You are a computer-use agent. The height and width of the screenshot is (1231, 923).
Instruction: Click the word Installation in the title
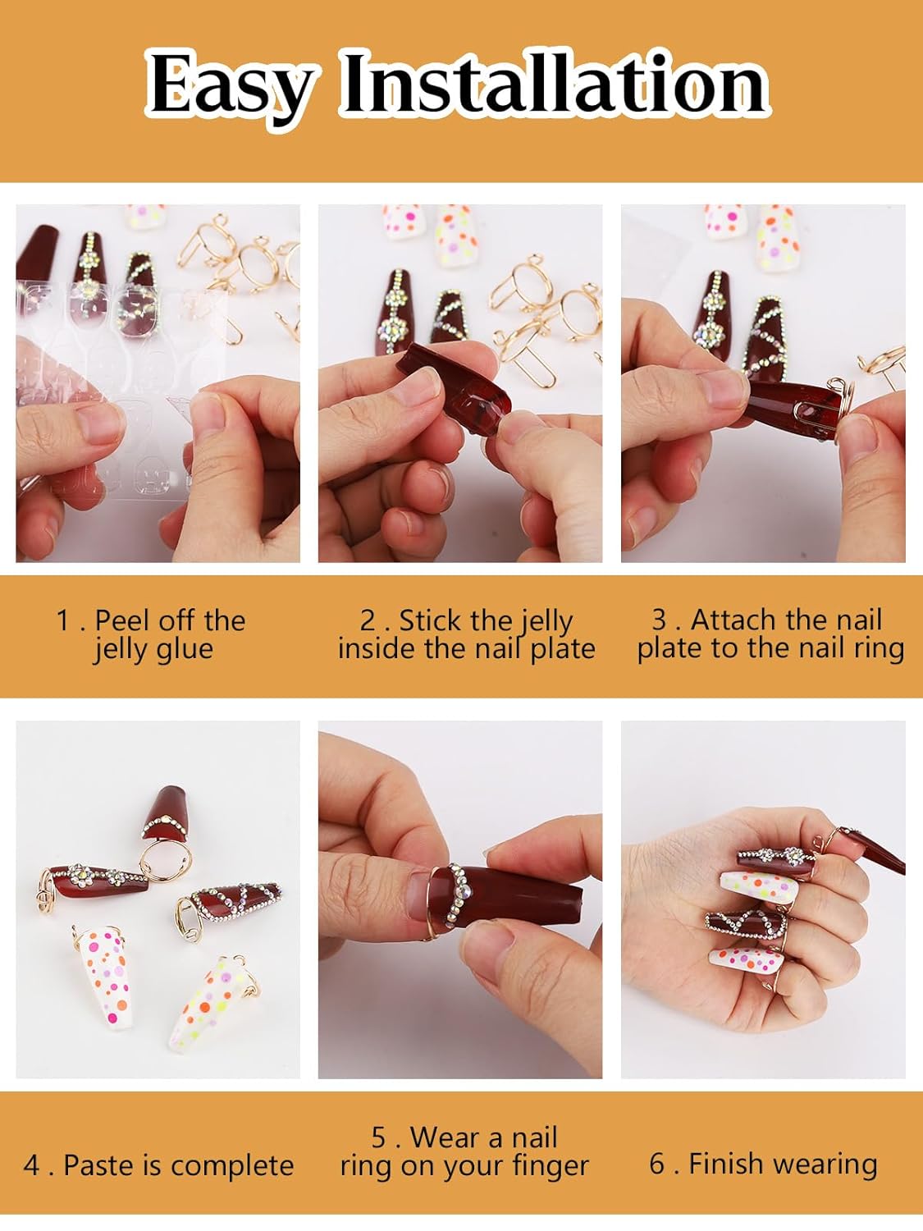554,85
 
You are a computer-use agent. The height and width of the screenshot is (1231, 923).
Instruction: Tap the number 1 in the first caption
63,620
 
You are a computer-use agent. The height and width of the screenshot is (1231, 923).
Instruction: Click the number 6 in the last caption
657,1164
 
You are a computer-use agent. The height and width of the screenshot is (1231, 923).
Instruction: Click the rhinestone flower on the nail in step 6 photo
790,857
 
